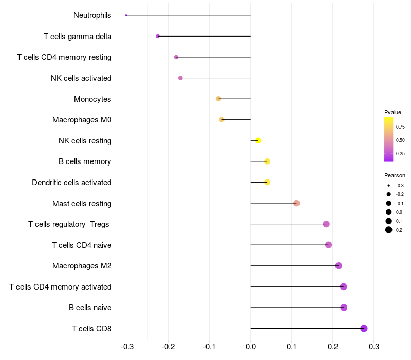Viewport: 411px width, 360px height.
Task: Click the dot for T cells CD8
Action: coord(364,329)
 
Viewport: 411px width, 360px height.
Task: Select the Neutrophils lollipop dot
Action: coord(126,15)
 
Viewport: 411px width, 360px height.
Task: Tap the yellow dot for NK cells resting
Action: coord(258,141)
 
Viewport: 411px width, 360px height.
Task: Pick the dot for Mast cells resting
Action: coord(296,203)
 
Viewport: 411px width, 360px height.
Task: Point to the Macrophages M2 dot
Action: coord(339,266)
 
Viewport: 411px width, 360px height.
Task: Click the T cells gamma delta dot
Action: coord(158,36)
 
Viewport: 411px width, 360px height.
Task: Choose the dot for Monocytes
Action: coord(218,99)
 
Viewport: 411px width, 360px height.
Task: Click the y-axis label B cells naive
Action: coord(90,308)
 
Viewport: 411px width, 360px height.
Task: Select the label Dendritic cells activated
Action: coord(71,183)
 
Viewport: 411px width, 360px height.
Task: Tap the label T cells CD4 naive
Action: coord(82,245)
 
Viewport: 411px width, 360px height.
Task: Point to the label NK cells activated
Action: coord(81,78)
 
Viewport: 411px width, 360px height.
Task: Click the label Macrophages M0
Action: coord(82,120)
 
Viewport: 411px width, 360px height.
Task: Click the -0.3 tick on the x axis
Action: coord(127,347)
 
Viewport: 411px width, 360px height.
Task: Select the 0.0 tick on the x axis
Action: coord(250,347)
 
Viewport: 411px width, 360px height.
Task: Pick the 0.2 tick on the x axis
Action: coord(333,347)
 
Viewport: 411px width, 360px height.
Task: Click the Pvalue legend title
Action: coord(393,112)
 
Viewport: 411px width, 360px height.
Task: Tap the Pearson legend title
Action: coord(395,175)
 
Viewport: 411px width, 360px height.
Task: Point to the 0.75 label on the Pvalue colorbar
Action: coord(400,127)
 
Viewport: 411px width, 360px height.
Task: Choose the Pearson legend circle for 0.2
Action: coord(389,230)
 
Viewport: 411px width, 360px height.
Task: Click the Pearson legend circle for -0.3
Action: coord(389,185)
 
